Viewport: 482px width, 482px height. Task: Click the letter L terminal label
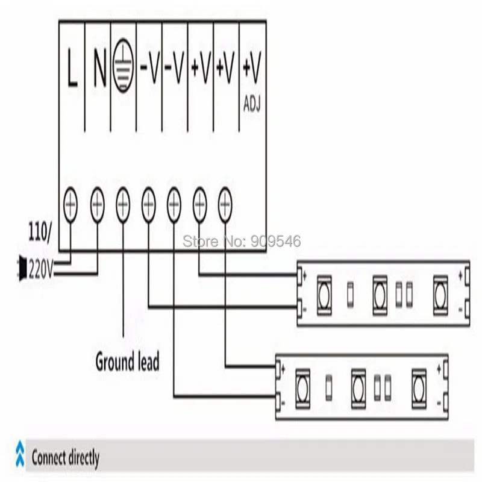tap(72, 67)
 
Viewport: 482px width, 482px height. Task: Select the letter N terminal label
tap(99, 67)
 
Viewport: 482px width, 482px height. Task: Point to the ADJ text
tap(252, 104)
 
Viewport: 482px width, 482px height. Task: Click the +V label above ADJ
tap(252, 67)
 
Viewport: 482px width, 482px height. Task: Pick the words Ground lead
tap(127, 362)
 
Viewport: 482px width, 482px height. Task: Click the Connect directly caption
tap(66, 458)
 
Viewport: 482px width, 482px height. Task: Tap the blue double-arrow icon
tap(20, 454)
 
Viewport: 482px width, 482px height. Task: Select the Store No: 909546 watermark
tap(242, 242)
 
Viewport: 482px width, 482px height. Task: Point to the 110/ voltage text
tap(40, 233)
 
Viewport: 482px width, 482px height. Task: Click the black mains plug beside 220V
tap(22, 268)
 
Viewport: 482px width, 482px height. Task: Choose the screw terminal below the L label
tap(70, 204)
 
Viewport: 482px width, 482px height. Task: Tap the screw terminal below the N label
tap(98, 204)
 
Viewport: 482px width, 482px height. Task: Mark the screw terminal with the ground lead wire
tap(123, 204)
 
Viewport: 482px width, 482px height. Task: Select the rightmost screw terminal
tap(225, 204)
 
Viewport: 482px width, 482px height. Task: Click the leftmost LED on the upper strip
tap(324, 295)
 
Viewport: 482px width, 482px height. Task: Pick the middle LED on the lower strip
tap(358, 389)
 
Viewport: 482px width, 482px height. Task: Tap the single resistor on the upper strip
tap(350, 295)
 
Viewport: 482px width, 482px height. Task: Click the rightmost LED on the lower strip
tap(419, 389)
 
